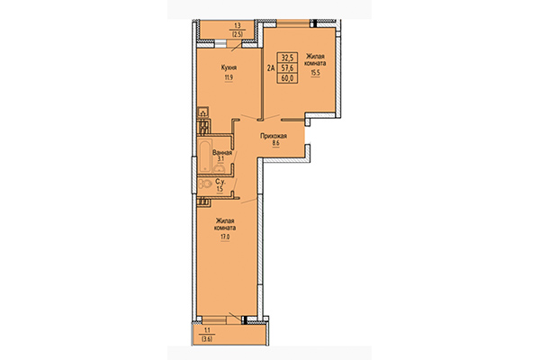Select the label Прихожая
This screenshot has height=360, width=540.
coord(274,135)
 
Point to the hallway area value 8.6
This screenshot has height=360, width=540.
coord(274,145)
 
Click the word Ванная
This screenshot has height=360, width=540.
coord(222,153)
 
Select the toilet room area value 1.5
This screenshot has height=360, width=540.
coord(220,190)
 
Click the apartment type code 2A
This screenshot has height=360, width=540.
coord(270,65)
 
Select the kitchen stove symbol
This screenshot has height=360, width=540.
coord(202,114)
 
